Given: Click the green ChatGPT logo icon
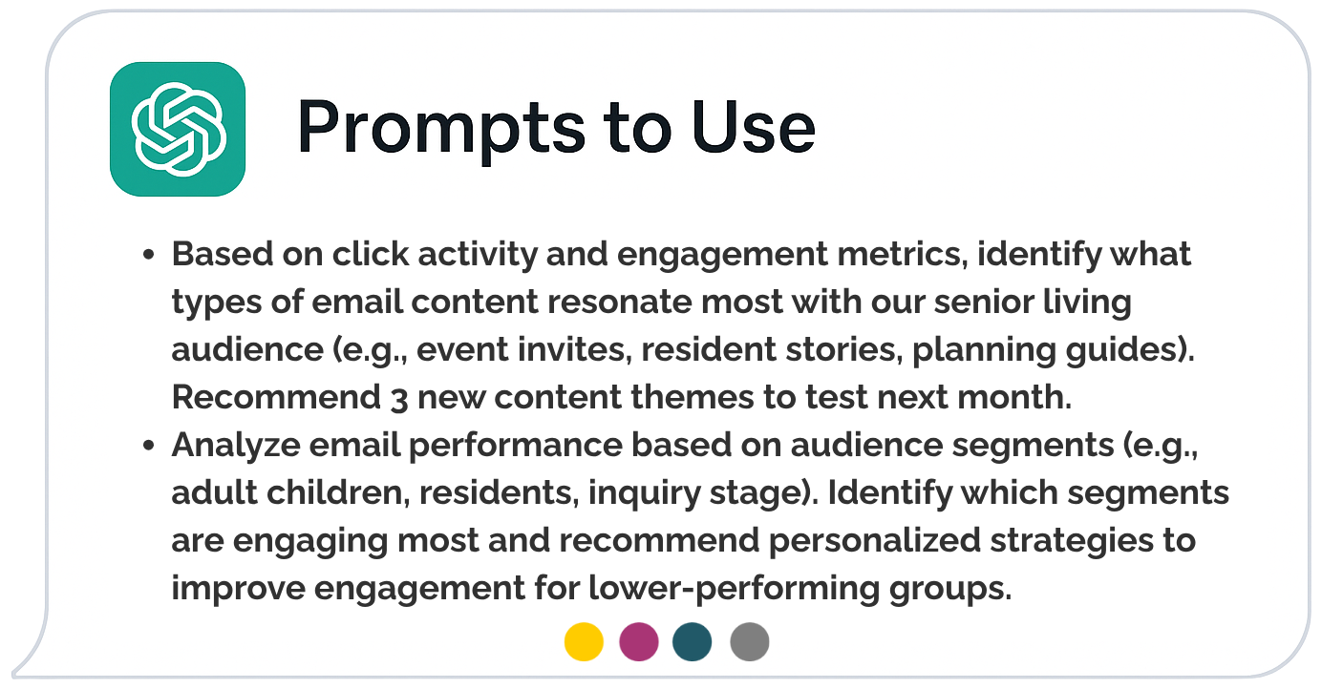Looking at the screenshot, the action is tap(178, 129).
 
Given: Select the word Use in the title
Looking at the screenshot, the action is tap(754, 127).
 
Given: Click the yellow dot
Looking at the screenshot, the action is tap(584, 641).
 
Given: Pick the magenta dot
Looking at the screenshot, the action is tap(639, 641).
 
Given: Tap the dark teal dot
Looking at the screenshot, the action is tap(693, 641).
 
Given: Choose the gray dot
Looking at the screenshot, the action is tap(750, 641).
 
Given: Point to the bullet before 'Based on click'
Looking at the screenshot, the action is tap(149, 255).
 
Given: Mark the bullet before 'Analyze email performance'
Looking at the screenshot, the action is tap(149, 446).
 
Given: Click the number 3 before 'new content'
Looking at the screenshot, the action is tap(399, 399).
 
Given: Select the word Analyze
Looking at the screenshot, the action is tap(236, 446).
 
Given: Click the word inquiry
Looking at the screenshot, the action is tap(645, 494).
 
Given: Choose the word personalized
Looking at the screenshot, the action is tap(875, 541).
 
